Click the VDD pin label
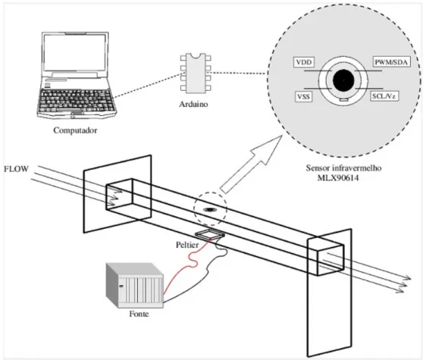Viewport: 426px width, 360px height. [x=304, y=62]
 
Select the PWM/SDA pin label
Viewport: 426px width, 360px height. [x=391, y=62]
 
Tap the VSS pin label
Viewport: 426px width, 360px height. [x=303, y=97]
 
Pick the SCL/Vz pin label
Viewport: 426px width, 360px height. [x=384, y=96]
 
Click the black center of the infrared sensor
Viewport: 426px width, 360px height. [x=343, y=80]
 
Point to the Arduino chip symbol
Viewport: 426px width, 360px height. [x=196, y=73]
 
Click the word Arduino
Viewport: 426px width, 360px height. [x=193, y=104]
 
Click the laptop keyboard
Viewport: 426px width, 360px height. [x=76, y=100]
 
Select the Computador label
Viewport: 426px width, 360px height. [x=75, y=130]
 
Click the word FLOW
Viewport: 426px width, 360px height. [x=17, y=169]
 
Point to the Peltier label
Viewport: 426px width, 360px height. [x=187, y=245]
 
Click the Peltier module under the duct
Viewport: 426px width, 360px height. [x=209, y=234]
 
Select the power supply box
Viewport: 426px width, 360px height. [x=135, y=285]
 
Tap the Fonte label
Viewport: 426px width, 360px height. [x=139, y=314]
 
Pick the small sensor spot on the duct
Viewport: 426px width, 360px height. [x=210, y=210]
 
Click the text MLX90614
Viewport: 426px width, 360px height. [x=338, y=178]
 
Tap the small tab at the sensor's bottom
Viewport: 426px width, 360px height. [x=343, y=100]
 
